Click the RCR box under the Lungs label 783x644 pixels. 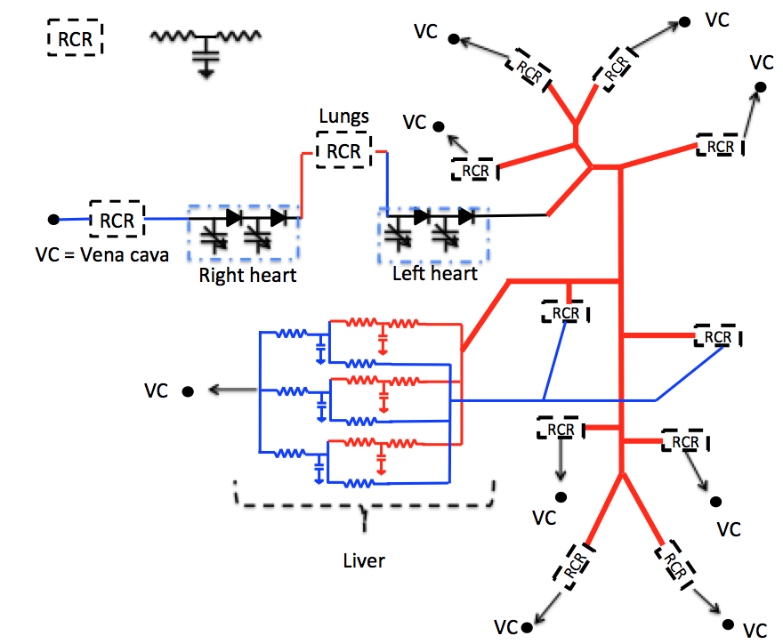click(x=343, y=151)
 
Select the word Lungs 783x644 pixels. click(x=343, y=117)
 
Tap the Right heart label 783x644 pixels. click(x=247, y=275)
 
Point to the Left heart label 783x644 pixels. click(x=435, y=273)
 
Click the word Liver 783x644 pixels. click(x=364, y=561)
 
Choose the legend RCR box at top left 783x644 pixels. click(x=76, y=39)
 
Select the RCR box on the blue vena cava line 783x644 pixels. click(x=117, y=220)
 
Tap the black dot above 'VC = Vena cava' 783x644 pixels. click(x=53, y=219)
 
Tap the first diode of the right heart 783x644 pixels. click(x=235, y=216)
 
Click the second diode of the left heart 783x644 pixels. click(x=464, y=215)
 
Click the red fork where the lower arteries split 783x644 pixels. click(x=619, y=472)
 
